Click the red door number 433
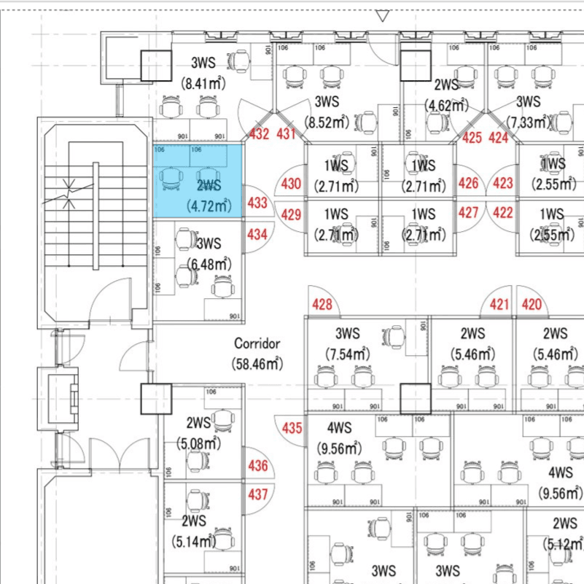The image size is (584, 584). coord(257,203)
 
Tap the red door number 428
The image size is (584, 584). coord(322,305)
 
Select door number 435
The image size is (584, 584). coord(292,428)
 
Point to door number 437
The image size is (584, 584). coord(258,494)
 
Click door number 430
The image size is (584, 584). coord(291,184)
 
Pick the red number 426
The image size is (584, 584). coord(469,184)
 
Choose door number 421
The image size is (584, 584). coord(499,304)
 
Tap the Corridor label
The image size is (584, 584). coord(257,343)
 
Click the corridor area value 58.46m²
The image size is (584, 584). coord(257,362)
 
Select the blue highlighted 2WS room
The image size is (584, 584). coord(198,181)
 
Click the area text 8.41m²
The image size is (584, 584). coord(203,83)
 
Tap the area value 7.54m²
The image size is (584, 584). coord(347,354)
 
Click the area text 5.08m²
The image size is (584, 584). coord(198,443)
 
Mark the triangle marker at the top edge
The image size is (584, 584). coord(383,15)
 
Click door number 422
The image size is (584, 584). coord(503,214)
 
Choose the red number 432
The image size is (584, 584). coord(260,134)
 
